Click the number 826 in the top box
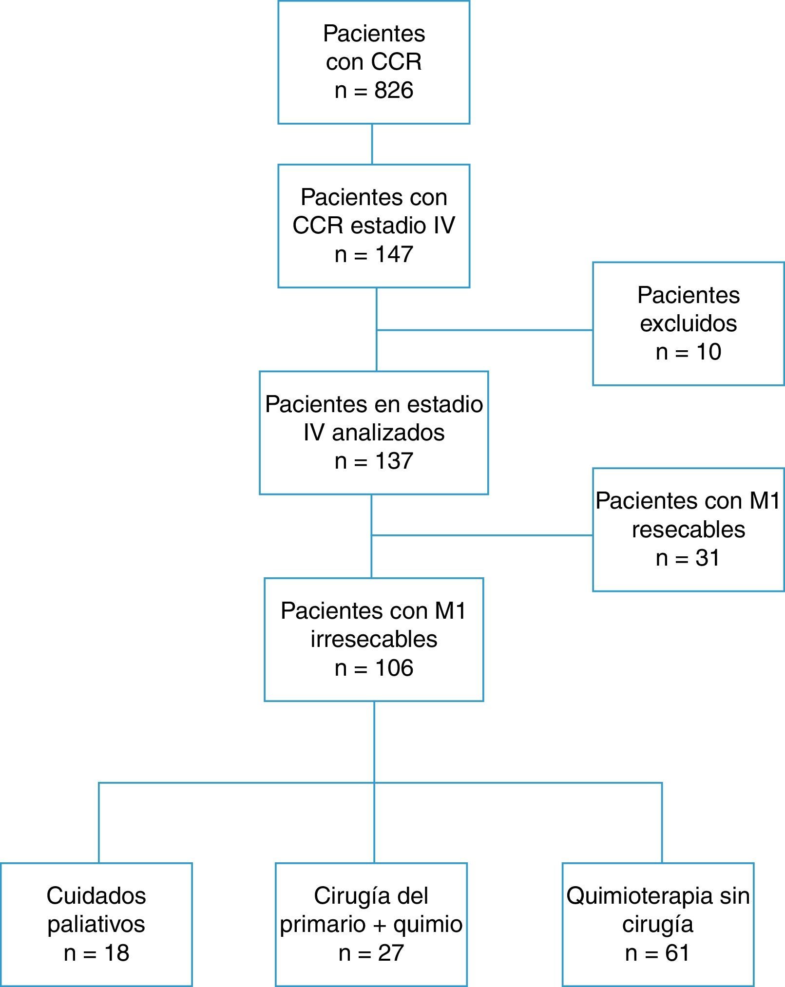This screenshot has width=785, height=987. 394,90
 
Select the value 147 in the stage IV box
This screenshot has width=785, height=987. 394,254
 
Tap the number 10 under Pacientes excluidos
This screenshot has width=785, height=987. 708,352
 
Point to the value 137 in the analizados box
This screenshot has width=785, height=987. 394,461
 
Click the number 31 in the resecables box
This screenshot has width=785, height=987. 708,558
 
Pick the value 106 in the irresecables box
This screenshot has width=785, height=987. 394,667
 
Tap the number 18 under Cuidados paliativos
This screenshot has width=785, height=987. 116,953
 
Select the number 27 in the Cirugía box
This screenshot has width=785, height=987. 391,953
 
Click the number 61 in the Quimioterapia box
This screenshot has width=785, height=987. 677,953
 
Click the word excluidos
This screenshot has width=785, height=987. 688,323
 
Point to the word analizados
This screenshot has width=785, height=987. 388,433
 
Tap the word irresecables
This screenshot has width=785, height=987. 374,639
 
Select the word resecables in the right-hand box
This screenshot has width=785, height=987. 688,530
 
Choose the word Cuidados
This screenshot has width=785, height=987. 96,895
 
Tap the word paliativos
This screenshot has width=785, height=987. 96,925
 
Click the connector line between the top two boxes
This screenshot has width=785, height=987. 372,144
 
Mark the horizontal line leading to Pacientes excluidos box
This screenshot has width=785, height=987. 485,330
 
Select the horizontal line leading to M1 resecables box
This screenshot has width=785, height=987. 482,535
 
